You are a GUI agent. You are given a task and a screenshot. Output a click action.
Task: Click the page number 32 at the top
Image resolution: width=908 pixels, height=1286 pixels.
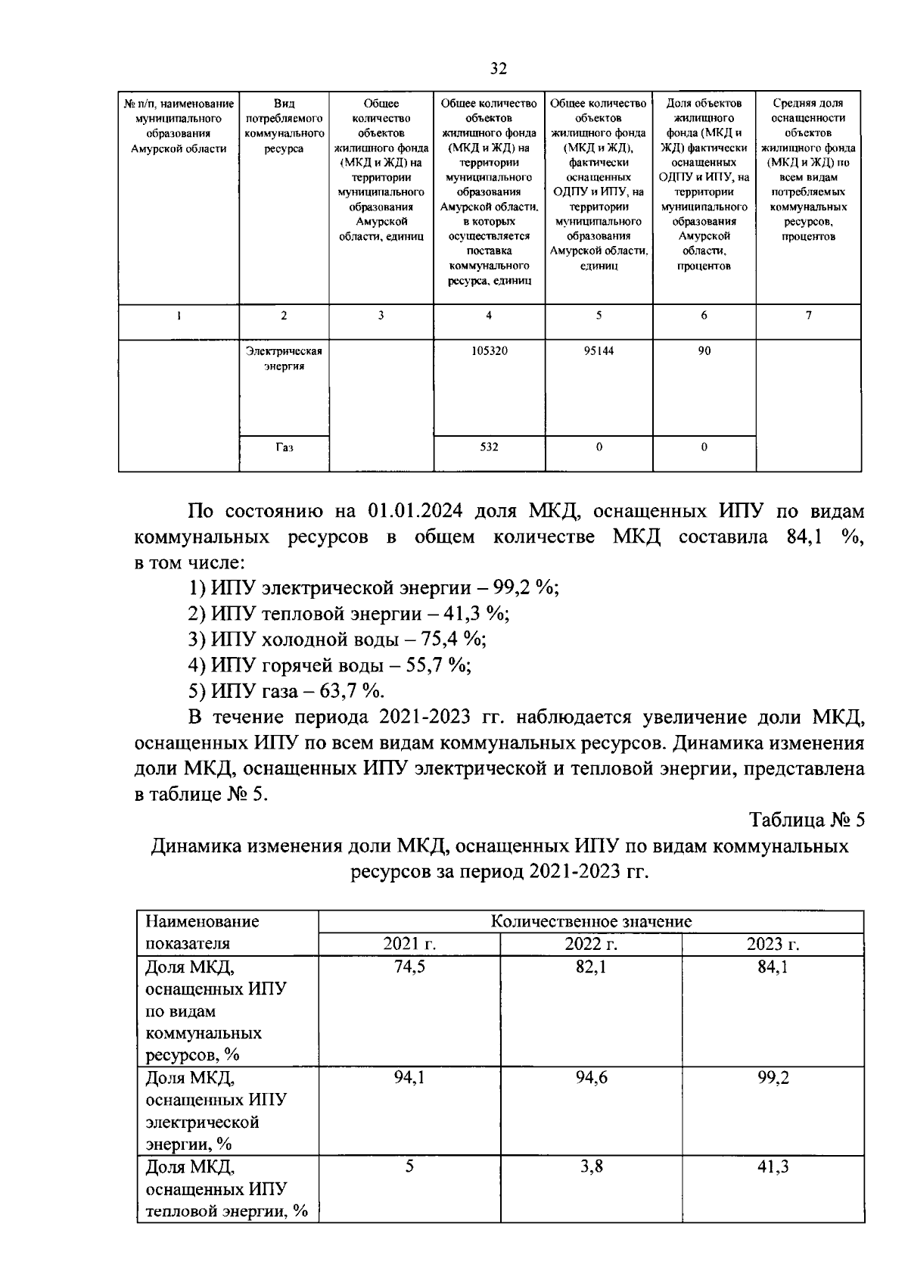(x=497, y=69)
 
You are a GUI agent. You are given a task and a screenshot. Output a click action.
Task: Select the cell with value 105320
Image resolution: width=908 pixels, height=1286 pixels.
(x=490, y=351)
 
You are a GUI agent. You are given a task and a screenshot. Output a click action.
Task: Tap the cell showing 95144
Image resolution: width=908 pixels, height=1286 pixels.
(x=599, y=351)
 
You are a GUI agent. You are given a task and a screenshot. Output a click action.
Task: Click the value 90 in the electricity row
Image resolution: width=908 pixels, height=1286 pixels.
(x=704, y=351)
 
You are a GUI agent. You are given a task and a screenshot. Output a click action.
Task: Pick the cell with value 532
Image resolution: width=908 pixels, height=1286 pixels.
(x=490, y=447)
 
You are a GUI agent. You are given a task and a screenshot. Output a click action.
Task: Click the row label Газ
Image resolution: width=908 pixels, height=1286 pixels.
(x=284, y=447)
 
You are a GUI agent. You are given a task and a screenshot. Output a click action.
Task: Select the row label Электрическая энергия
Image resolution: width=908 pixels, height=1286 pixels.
(x=284, y=358)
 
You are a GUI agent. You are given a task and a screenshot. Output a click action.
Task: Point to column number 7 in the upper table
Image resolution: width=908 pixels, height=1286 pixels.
(x=808, y=316)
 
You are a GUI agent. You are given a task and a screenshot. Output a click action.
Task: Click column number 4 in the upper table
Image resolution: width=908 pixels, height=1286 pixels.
(x=490, y=316)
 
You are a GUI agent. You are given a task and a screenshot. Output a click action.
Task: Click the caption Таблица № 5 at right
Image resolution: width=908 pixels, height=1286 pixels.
(x=806, y=820)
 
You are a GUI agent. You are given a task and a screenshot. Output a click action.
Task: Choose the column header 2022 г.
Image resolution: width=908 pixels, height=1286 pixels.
(x=591, y=944)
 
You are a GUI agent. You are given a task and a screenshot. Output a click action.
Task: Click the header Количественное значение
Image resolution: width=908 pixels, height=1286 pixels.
(x=591, y=921)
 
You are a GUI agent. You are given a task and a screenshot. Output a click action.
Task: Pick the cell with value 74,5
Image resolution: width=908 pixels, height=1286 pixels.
(x=409, y=967)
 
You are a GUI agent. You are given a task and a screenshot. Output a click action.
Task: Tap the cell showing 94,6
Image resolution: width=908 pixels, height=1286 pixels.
(x=591, y=1078)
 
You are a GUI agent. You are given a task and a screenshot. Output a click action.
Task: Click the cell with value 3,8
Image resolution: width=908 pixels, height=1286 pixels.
(x=591, y=1166)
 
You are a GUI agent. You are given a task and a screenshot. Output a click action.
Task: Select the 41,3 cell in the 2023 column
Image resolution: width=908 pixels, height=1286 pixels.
(x=773, y=1166)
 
